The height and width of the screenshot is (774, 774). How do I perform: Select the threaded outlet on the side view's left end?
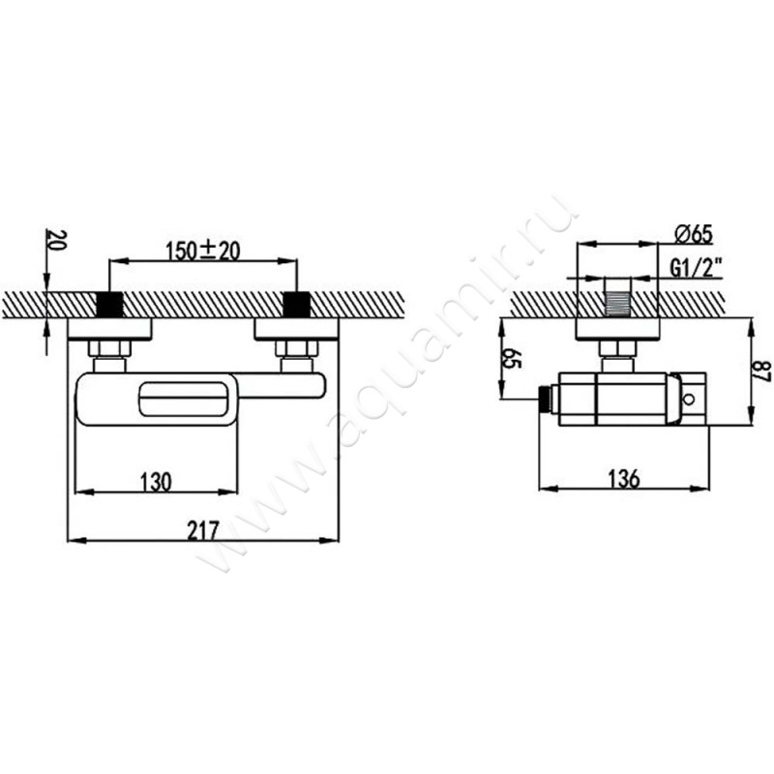coord(548,398)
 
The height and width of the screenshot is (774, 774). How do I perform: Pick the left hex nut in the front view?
coord(108,348)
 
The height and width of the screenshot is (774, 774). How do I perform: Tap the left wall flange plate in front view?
coord(108,329)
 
